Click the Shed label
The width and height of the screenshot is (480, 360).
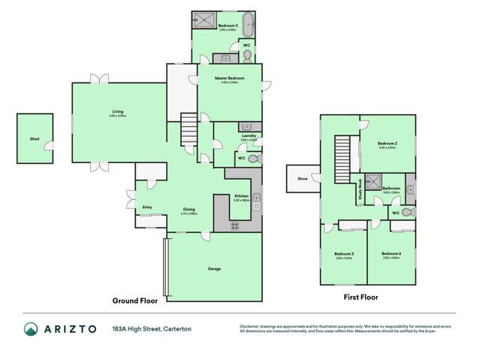tap(35, 139)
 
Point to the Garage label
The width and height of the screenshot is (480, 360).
tap(214, 268)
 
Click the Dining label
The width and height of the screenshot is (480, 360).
tap(189, 210)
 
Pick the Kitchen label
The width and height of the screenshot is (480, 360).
tap(240, 197)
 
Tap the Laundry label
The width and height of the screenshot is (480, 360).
tap(249, 137)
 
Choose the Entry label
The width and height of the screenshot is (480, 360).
tap(147, 207)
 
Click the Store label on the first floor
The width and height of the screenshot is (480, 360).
tap(302, 179)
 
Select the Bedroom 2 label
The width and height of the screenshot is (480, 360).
tap(387, 144)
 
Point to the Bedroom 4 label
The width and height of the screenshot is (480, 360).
tap(391, 254)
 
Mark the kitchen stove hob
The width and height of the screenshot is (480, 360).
tap(235, 225)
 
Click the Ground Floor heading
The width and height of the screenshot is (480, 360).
tap(134, 300)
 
